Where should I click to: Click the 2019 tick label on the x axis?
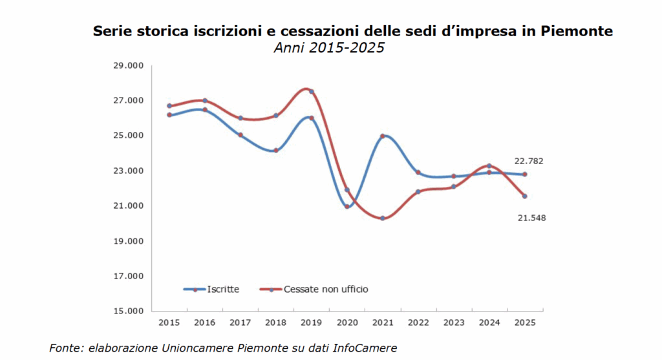pyautogui.click(x=311, y=321)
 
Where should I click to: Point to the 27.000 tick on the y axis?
pyautogui.click(x=129, y=101)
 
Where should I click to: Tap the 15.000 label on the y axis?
pyautogui.click(x=129, y=311)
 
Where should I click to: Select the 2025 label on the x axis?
pyautogui.click(x=524, y=321)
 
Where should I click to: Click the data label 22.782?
pyautogui.click(x=528, y=161)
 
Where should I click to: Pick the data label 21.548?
pyautogui.click(x=531, y=218)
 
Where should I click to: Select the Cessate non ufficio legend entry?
pyautogui.click(x=326, y=289)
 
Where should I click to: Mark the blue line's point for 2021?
pyautogui.click(x=383, y=136)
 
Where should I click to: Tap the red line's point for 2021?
pyautogui.click(x=383, y=218)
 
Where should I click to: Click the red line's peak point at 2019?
pyautogui.click(x=311, y=91)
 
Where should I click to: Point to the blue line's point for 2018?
pyautogui.click(x=275, y=151)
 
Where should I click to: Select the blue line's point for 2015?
pyautogui.click(x=169, y=115)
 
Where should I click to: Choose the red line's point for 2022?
pyautogui.click(x=418, y=191)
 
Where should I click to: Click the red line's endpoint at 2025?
pyautogui.click(x=524, y=196)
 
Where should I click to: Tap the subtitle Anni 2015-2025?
pyautogui.click(x=329, y=48)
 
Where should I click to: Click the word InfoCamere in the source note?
pyautogui.click(x=365, y=348)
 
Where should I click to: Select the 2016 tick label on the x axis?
pyautogui.click(x=205, y=321)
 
